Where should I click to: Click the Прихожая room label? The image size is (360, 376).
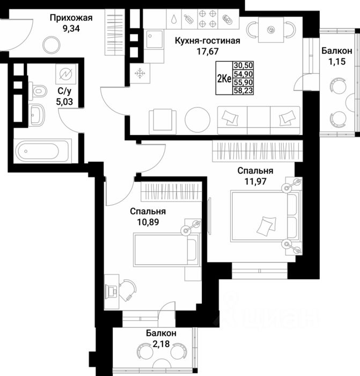[71, 18]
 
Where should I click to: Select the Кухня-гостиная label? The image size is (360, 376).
[207, 41]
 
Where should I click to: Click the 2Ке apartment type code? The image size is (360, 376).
[223, 78]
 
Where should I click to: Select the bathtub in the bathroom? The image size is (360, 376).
[42, 149]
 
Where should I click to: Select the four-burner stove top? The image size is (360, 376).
[207, 18]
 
